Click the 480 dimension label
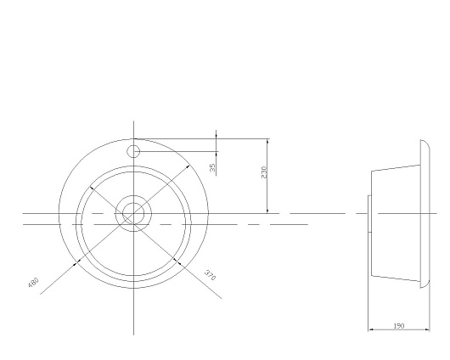tap(33, 282)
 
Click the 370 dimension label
tap(210, 275)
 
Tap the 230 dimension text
tap(264, 172)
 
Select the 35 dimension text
tap(212, 167)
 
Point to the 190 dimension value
tap(398, 326)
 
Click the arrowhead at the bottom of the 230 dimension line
tap(267, 211)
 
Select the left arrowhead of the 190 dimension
tap(371, 329)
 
